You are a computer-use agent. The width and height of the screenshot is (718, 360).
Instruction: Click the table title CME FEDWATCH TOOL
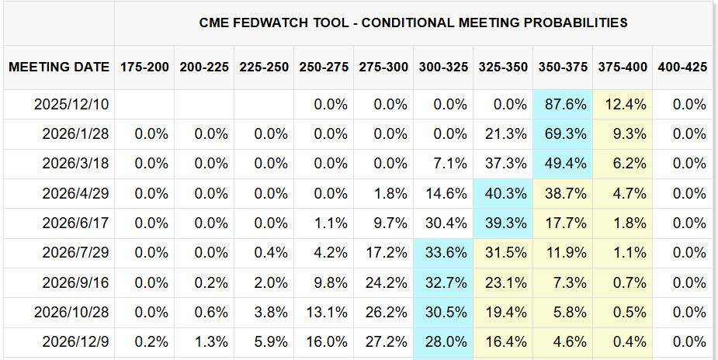coord(413,22)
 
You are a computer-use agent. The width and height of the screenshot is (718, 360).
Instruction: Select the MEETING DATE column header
coord(59,67)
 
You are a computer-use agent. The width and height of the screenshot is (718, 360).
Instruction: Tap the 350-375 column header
coord(563,67)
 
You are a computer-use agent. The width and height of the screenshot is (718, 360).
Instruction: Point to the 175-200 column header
coord(144,67)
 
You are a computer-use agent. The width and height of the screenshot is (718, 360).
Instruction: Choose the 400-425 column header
coord(682,67)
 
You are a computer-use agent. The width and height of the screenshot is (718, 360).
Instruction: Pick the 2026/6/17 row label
coord(76,223)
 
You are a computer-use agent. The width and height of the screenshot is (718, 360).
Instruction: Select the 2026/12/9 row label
coord(76,341)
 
